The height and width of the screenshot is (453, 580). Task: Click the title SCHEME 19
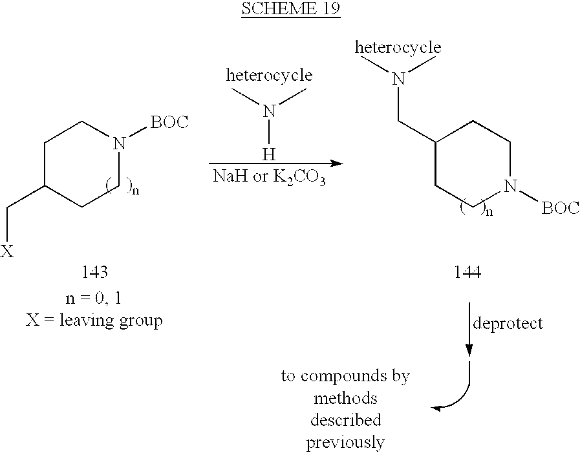pos(291,8)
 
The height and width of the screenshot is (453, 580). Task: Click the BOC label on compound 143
pos(169,121)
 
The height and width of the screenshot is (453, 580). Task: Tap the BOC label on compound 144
pos(561,208)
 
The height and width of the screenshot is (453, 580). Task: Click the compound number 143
pos(94,272)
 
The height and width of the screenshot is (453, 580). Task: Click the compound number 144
pos(467,272)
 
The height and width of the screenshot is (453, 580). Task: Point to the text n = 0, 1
pos(93,298)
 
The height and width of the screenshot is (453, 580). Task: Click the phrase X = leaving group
pos(94,321)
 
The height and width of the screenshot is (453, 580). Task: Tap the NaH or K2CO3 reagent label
pos(269,177)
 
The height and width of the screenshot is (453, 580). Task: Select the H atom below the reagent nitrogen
pos(269,154)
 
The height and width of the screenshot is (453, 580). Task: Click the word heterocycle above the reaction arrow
pos(269,76)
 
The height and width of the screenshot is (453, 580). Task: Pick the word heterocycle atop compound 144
pos(398,47)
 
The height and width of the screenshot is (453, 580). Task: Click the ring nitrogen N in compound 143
pos(119,143)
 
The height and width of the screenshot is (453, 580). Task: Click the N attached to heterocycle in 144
pos(398,78)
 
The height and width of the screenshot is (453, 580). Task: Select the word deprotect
pos(508,323)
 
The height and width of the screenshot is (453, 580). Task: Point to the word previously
pos(345,443)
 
